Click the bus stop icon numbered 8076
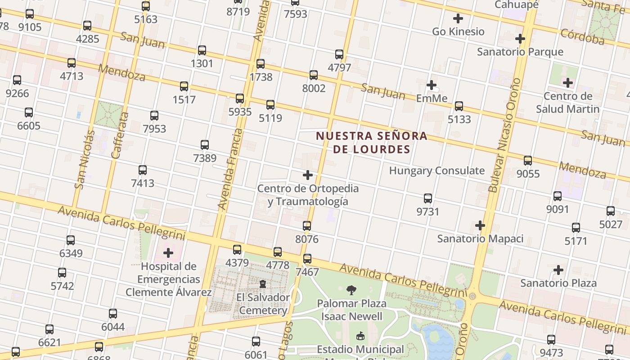[x=307, y=226]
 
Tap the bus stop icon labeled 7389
[x=205, y=145]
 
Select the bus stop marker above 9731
[x=428, y=198]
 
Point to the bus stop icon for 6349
[x=71, y=240]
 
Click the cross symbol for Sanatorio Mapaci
[x=480, y=225]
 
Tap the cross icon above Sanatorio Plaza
[x=558, y=270]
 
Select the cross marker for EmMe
[x=432, y=85]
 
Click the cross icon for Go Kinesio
[x=458, y=18]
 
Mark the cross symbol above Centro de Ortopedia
[x=308, y=175]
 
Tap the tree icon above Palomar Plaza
[x=351, y=290]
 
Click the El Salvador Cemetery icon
[x=263, y=284]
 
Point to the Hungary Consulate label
[x=436, y=171]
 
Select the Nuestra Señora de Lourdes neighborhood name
[x=372, y=142]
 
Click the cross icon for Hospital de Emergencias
[x=168, y=253]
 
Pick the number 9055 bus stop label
[x=528, y=174]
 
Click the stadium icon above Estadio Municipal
[x=360, y=336]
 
